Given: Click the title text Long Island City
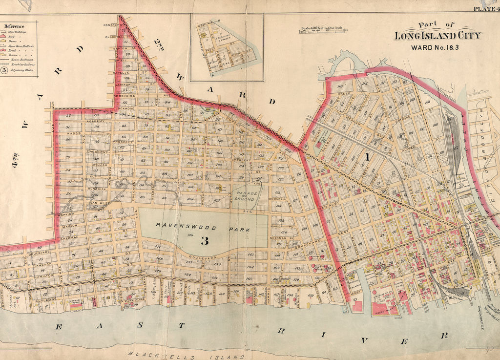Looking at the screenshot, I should (437, 36).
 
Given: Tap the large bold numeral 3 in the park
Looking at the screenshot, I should (205, 240).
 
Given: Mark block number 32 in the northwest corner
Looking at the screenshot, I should (68, 116).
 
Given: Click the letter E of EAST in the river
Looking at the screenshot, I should (59, 327).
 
